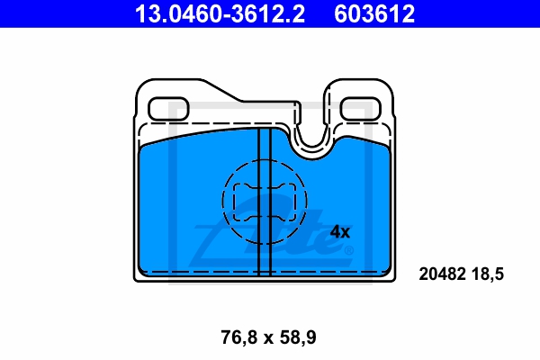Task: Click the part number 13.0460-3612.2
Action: click(220, 13)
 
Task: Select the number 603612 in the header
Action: click(374, 13)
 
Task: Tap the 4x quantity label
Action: click(340, 232)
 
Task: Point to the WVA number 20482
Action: click(442, 274)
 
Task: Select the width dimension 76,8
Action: click(239, 337)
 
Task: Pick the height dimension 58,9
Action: click(298, 337)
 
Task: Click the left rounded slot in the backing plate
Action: click(168, 109)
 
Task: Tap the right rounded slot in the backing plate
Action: click(361, 109)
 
